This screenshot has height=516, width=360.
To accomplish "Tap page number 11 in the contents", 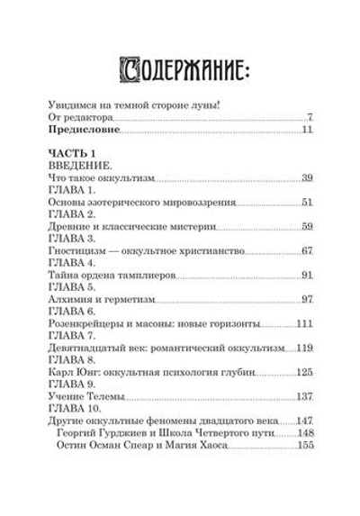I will click(306, 132).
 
